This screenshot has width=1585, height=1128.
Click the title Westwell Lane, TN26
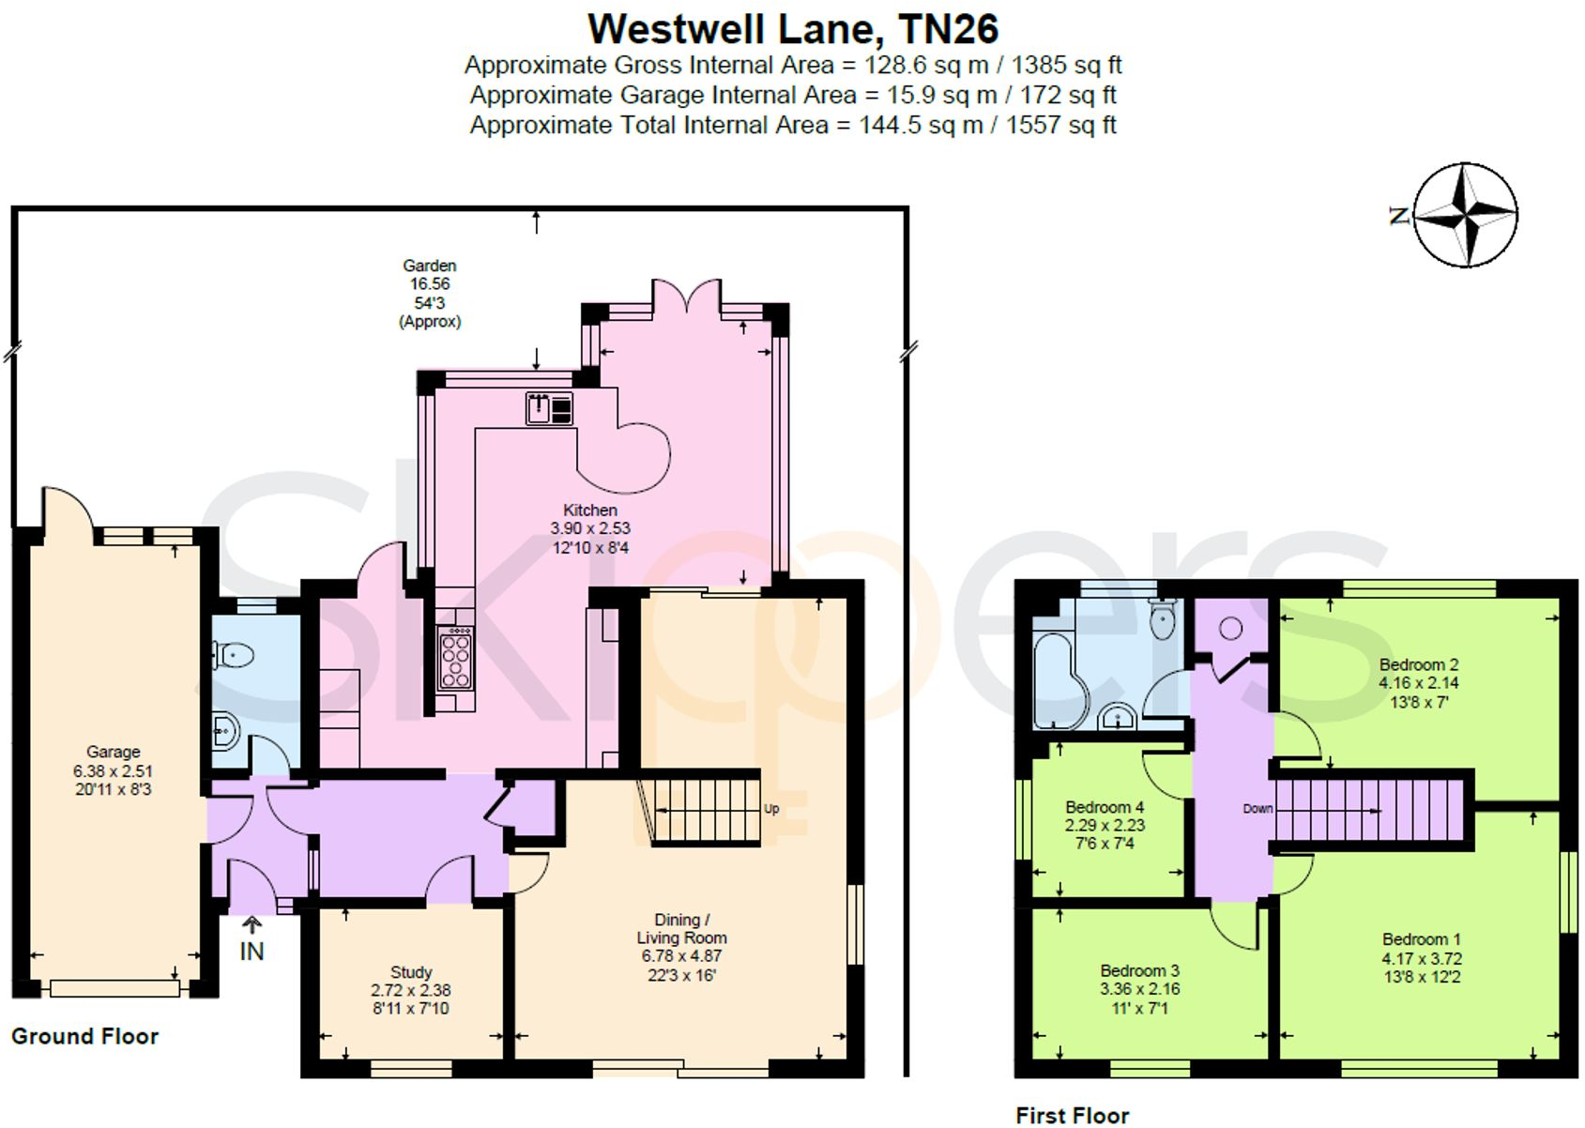pyautogui.click(x=792, y=29)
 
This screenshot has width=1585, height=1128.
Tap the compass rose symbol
pyautogui.click(x=1464, y=215)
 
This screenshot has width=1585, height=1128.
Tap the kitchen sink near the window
pyautogui.click(x=548, y=408)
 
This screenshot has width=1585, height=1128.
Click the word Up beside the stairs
pyautogui.click(x=771, y=809)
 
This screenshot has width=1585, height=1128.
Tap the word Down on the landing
pyautogui.click(x=1257, y=809)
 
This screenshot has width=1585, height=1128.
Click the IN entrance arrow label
pyautogui.click(x=251, y=951)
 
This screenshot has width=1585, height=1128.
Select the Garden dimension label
pyautogui.click(x=430, y=293)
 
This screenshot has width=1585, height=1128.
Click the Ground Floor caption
pyautogui.click(x=84, y=1037)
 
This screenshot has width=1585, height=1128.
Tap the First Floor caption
pyautogui.click(x=1072, y=1116)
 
